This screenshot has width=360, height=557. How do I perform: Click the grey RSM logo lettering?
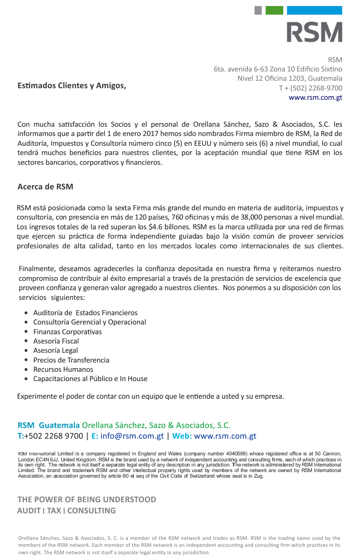coord(314,32)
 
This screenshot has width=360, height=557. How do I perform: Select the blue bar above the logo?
coord(314,10)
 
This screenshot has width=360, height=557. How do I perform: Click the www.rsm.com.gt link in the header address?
coord(315,97)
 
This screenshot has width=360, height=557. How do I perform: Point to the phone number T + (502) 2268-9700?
coord(310,88)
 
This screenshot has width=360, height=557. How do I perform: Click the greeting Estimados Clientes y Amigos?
coord(72,85)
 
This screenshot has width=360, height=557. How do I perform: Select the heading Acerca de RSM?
coord(45,187)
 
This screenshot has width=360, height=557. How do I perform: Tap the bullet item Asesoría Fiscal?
coord(56,341)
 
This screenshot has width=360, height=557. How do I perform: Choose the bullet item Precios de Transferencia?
coord(71,360)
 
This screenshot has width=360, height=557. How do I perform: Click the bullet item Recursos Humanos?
coord(63,369)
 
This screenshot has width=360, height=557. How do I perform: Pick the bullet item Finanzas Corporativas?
coord(67,332)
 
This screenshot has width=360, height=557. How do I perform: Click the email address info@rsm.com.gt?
coord(132,436)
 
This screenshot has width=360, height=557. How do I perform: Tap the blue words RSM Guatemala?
coord(48,425)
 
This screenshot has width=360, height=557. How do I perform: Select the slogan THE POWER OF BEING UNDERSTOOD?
coord(87,499)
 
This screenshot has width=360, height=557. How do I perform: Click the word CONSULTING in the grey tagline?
coord(92,511)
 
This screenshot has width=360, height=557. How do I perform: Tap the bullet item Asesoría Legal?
coord(55,350)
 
